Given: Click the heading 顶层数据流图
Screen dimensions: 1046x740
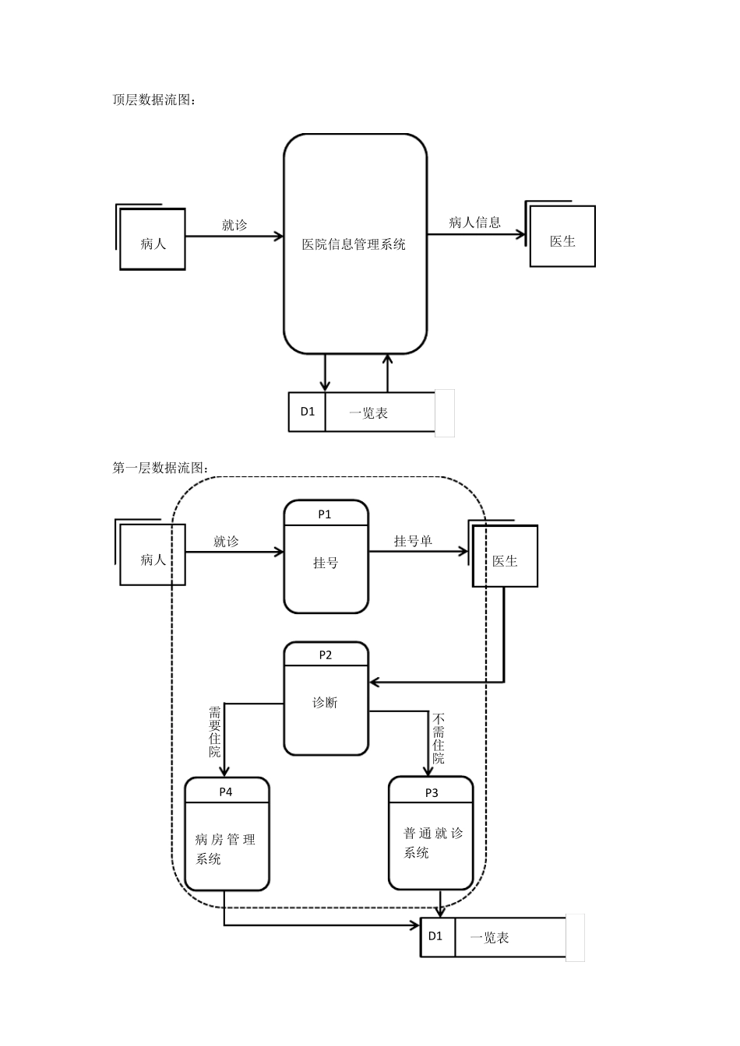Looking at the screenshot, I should [x=154, y=100].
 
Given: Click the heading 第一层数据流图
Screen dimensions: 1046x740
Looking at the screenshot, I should [x=160, y=468].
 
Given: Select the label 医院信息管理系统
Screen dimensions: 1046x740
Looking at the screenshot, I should [x=354, y=244].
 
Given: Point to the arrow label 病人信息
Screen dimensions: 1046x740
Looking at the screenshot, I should [x=474, y=223].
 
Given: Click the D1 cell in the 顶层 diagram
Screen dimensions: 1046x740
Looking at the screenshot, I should [x=308, y=411].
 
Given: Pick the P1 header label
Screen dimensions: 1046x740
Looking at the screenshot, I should [x=325, y=514].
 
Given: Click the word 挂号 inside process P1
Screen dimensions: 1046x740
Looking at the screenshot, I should [x=326, y=563].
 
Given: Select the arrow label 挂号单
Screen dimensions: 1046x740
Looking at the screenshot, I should [x=413, y=541].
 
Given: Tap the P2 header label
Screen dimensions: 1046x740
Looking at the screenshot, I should [x=326, y=655].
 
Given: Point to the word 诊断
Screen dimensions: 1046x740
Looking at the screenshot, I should [x=326, y=702].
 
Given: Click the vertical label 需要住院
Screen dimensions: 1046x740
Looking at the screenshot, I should [x=215, y=732].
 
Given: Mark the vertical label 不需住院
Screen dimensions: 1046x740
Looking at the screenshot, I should [x=439, y=738].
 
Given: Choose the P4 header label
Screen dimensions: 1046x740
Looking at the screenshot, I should [x=226, y=792].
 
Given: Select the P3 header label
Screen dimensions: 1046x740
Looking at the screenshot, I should [x=432, y=792].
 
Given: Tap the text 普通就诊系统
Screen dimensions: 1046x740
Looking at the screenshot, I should [x=432, y=843].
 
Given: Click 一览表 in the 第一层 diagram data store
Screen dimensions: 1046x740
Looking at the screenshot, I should [x=490, y=938].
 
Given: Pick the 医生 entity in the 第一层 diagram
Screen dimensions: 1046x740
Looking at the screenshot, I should [x=505, y=560].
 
